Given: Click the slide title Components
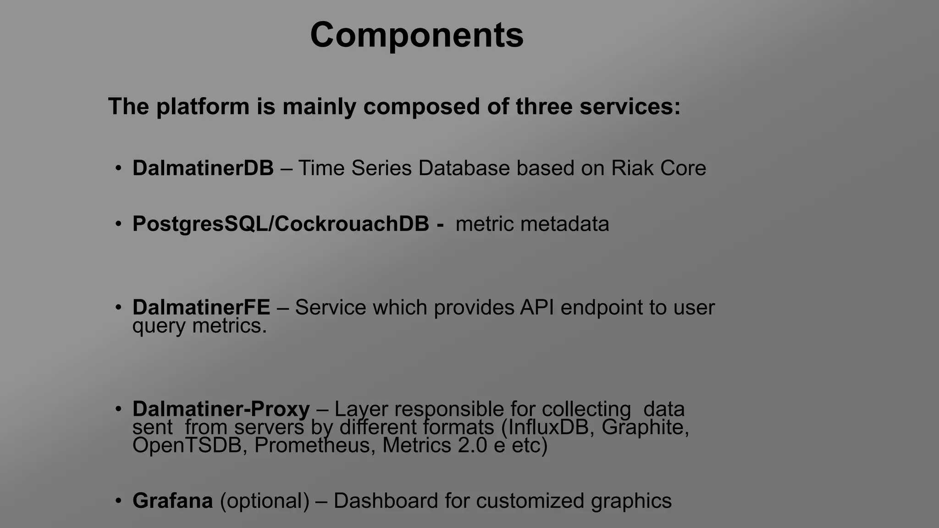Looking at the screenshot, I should tap(417, 35).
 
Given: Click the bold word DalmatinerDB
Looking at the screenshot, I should tap(203, 168).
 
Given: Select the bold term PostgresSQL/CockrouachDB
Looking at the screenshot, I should tap(281, 224).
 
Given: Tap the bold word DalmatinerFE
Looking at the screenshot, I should tap(201, 308).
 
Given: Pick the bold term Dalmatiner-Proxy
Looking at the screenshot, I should tap(221, 409).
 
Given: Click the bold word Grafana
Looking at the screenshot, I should tap(172, 501).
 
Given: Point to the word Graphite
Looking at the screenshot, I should tap(645, 427).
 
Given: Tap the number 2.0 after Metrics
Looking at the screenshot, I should tap(472, 445).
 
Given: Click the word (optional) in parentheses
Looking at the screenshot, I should tap(265, 501).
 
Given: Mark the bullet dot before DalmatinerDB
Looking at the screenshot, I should tap(118, 168).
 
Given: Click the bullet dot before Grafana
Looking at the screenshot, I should tap(118, 501).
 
